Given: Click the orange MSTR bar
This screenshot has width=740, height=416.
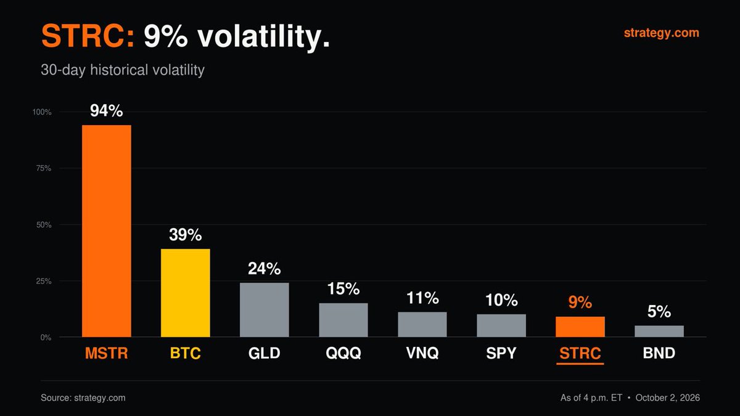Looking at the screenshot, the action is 106,230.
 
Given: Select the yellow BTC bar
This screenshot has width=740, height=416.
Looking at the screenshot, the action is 186,293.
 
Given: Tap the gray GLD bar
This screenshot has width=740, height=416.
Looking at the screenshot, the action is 265,309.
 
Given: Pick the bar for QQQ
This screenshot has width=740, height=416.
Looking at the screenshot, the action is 343,320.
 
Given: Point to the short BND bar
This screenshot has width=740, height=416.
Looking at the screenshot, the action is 659,331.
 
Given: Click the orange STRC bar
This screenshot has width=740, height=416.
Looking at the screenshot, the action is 580,327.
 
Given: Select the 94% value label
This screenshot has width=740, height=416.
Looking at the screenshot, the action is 106,110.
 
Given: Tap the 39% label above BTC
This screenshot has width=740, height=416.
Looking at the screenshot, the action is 186,235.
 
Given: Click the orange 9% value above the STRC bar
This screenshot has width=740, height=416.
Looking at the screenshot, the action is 580,302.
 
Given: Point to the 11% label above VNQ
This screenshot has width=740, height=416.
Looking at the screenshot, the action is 422,298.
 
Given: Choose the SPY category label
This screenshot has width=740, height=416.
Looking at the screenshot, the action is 501,353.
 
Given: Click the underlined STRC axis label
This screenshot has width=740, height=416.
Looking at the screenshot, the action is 580,353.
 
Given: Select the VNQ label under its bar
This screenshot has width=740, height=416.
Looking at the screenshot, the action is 422,353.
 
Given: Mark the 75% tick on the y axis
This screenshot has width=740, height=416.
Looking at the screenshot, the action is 44,168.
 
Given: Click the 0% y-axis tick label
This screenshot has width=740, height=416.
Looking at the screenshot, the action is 46,338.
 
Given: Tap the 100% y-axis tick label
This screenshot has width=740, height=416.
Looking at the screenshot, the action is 42,112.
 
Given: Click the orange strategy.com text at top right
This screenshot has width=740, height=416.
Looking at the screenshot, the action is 661,33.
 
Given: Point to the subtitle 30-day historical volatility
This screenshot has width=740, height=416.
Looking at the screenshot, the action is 123,70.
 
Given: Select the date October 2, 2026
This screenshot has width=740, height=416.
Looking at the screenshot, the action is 668,398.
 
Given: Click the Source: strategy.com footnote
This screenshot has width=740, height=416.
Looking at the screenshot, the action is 83,398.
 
